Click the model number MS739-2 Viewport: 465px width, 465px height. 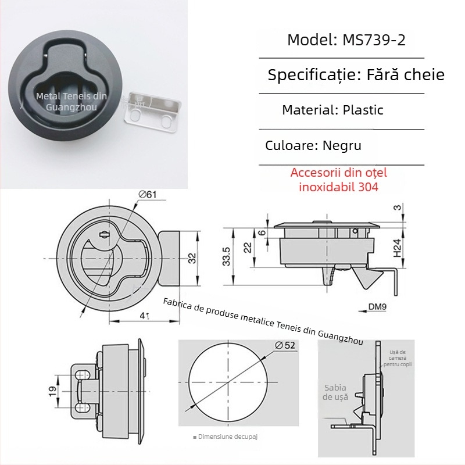click(x=374, y=40)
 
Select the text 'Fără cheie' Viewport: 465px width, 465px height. click(x=406, y=74)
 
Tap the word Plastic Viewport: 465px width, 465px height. click(x=363, y=110)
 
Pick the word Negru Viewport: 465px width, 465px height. click(x=342, y=145)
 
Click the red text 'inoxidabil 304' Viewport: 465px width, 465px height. click(x=338, y=187)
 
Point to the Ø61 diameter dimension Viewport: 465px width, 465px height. click(x=148, y=195)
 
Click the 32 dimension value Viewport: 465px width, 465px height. click(x=192, y=258)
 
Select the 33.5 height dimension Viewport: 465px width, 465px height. click(x=226, y=256)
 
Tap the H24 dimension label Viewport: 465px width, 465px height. click(x=398, y=248)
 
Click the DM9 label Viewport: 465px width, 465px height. click(x=377, y=306)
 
